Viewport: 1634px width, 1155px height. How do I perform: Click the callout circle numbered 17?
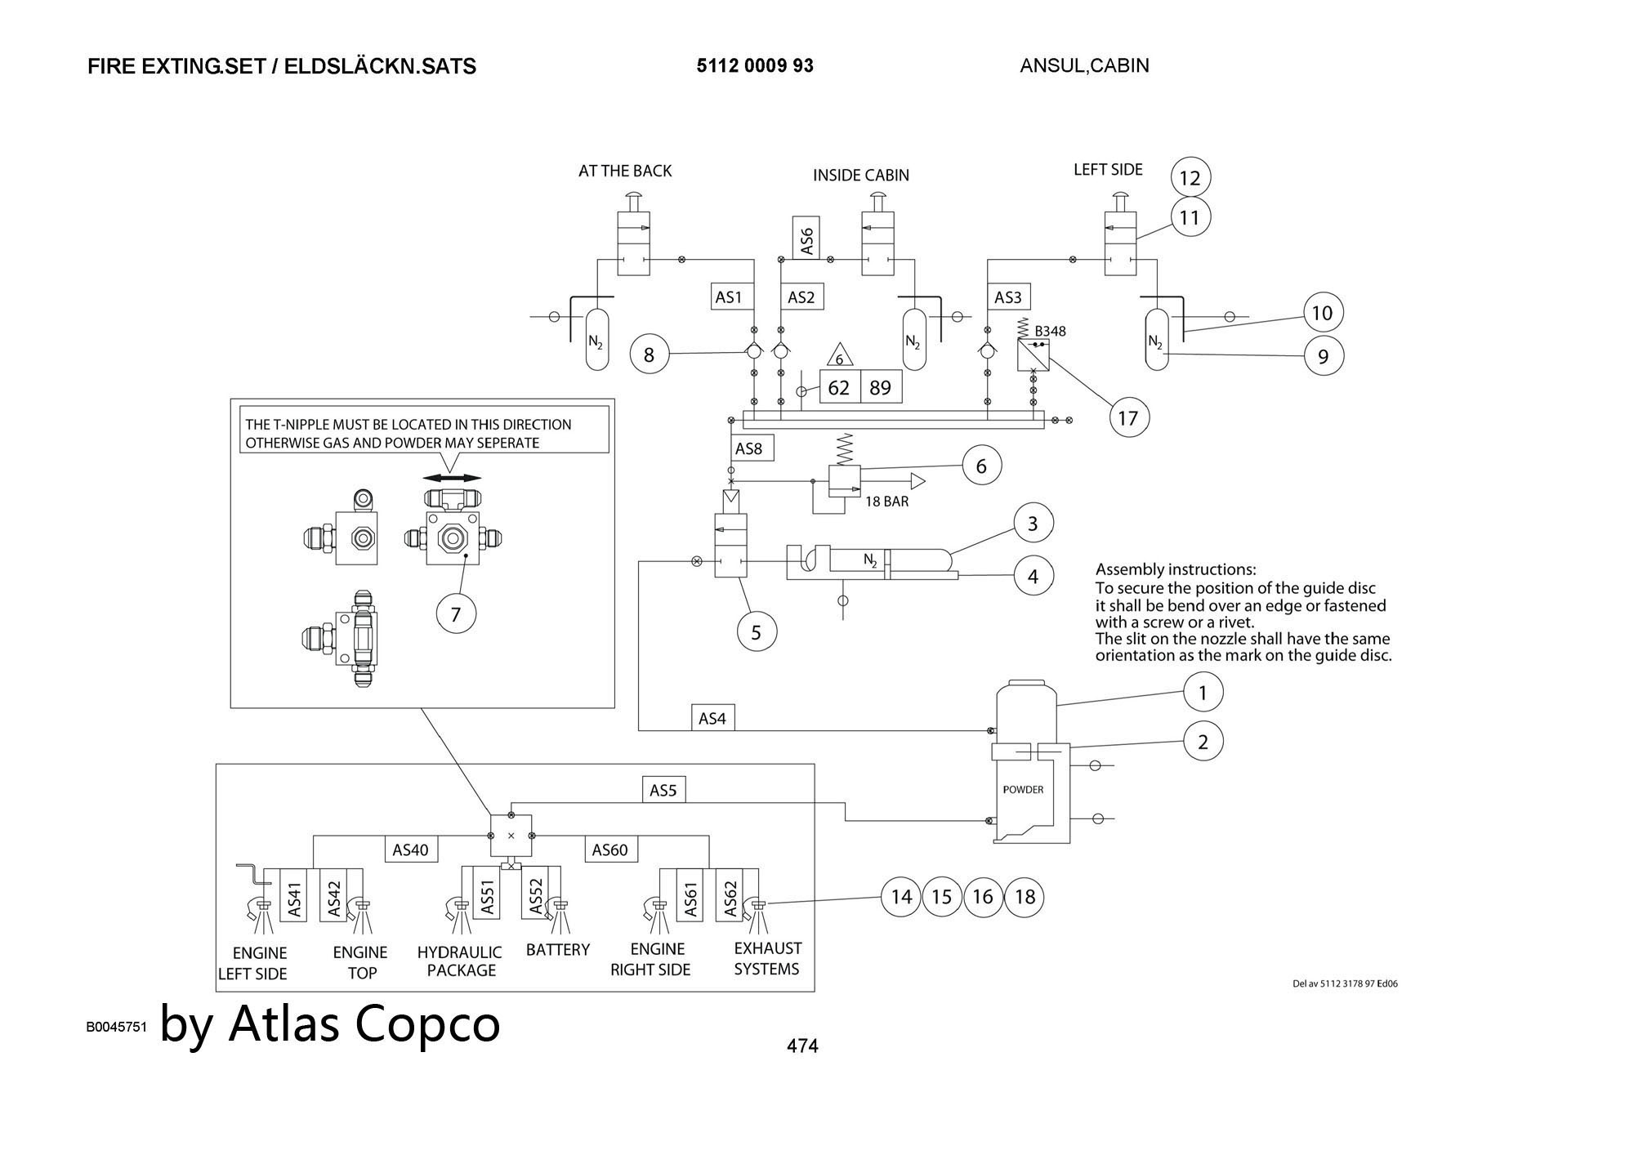(1128, 418)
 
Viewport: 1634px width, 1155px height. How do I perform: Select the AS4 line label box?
(712, 718)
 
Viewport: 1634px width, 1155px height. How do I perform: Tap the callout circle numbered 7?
(456, 614)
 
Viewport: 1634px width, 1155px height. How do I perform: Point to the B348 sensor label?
(1050, 331)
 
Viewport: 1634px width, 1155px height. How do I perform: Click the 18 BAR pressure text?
(886, 502)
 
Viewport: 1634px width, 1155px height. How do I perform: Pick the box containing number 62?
(839, 387)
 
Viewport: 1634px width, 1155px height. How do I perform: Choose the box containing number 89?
(881, 387)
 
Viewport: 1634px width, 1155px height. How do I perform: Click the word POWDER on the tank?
(1023, 790)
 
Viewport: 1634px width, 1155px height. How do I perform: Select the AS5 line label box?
(663, 790)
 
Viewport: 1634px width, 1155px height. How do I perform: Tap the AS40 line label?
(410, 850)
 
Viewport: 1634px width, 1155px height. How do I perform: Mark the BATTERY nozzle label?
(558, 949)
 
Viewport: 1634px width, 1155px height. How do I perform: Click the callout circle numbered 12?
(1190, 177)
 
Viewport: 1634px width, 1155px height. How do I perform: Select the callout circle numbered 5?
(756, 632)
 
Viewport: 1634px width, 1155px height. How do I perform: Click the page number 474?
(801, 1046)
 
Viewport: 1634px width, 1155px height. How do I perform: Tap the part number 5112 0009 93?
(755, 66)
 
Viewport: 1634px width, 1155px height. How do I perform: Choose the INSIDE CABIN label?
(860, 175)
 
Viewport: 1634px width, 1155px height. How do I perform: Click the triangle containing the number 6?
(839, 357)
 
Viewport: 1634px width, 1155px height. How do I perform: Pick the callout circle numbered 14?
(901, 897)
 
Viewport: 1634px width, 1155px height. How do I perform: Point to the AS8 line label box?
(748, 448)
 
